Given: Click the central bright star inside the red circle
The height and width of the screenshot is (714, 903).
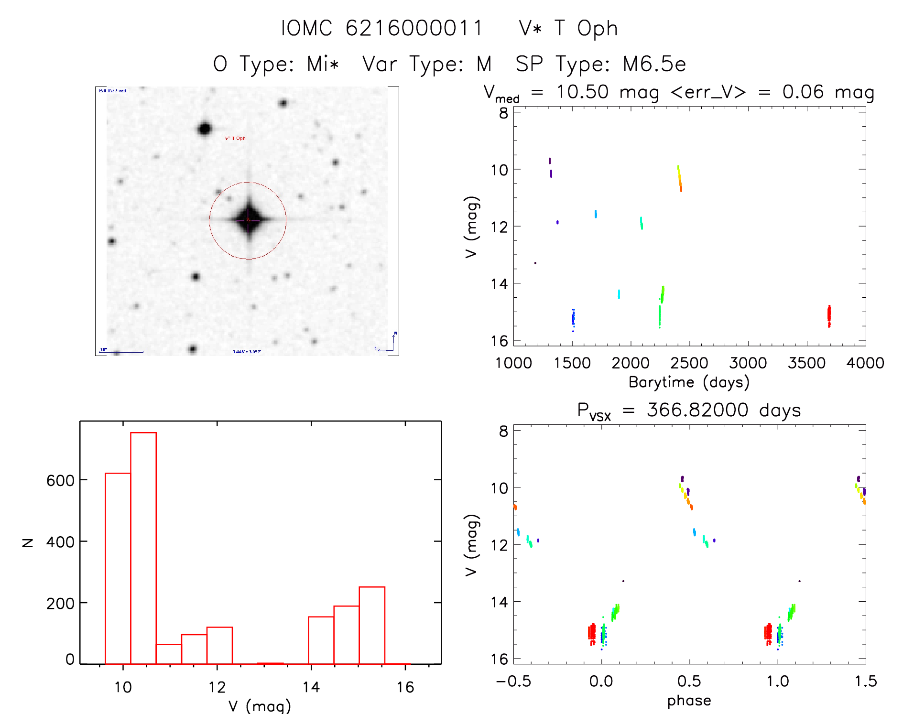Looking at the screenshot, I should [x=248, y=220].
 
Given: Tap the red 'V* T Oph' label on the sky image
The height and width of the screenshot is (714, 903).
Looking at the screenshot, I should [x=235, y=138].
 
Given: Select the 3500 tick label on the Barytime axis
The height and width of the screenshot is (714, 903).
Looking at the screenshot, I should [x=806, y=363].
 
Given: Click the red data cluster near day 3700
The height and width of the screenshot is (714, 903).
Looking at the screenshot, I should [x=829, y=315].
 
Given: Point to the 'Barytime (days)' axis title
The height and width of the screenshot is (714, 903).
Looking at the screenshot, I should [x=689, y=382].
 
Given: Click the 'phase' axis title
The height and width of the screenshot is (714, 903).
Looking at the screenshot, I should [x=689, y=701].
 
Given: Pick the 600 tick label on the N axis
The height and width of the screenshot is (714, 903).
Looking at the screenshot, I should [x=60, y=480].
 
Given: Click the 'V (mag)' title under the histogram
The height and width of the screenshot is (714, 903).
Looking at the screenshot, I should [x=260, y=706].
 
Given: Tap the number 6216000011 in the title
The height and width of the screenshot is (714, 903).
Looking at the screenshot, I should [x=414, y=28].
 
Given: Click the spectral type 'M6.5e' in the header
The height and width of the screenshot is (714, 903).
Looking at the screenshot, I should [x=654, y=64].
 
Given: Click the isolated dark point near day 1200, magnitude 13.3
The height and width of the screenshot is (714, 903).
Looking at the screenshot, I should [x=535, y=263].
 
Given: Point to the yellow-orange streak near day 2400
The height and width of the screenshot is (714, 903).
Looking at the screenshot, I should [x=680, y=179].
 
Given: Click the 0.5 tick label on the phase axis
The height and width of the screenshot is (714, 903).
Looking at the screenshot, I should [x=689, y=681].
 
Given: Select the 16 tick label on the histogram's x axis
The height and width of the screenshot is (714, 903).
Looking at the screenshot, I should [x=405, y=687].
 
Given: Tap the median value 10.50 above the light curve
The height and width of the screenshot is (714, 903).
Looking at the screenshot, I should [x=582, y=92].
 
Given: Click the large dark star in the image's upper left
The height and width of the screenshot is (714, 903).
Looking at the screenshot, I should [x=205, y=129].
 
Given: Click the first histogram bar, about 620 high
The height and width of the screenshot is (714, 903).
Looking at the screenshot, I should [x=118, y=568].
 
